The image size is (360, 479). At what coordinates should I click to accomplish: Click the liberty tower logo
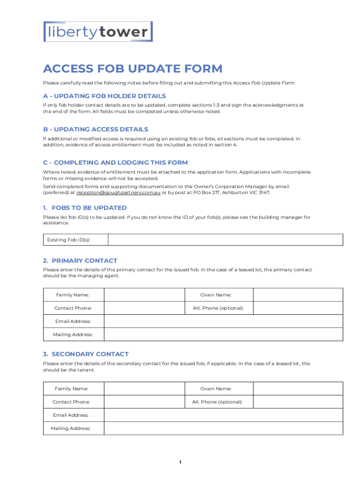(x=98, y=32)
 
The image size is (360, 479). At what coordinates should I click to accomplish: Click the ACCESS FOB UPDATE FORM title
(x=133, y=69)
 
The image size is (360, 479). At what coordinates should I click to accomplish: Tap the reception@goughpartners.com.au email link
(x=118, y=192)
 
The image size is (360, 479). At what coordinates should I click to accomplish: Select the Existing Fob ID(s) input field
(x=225, y=240)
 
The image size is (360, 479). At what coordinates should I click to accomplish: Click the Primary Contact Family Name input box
(x=143, y=295)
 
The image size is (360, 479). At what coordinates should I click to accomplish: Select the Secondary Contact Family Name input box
(x=143, y=389)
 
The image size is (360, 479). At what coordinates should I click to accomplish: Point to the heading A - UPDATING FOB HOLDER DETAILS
(x=104, y=96)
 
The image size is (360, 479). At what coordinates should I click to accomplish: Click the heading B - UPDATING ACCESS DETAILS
(x=95, y=129)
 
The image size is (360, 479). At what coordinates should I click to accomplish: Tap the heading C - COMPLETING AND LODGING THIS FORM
(x=115, y=162)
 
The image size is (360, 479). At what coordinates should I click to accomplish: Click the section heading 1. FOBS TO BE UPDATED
(x=85, y=208)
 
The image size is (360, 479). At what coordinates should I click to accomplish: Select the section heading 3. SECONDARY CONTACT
(x=86, y=354)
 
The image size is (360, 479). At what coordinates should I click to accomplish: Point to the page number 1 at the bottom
(x=180, y=463)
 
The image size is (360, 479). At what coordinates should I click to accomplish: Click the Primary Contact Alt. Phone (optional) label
(x=218, y=308)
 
